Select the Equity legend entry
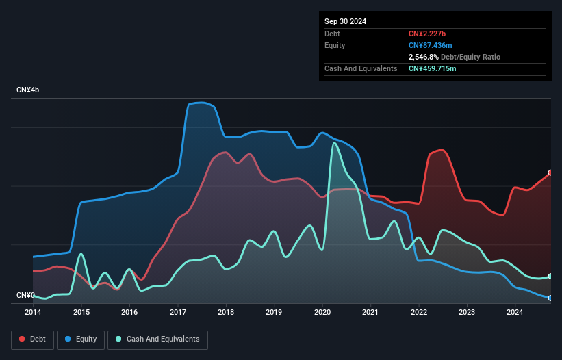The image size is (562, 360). click(81, 339)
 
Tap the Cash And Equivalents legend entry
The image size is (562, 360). click(157, 339)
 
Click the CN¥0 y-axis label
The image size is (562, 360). click(26, 295)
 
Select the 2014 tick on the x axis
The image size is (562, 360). click(33, 313)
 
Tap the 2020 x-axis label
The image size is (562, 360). click(322, 313)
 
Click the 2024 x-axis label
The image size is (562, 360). click(515, 313)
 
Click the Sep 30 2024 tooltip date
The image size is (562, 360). click(346, 21)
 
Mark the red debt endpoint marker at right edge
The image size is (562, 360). click(550, 173)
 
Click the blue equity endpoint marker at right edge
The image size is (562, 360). click(550, 298)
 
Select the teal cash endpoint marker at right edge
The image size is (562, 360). click(550, 277)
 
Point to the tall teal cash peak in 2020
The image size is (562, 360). click(334, 143)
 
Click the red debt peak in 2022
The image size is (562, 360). click(442, 150)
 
